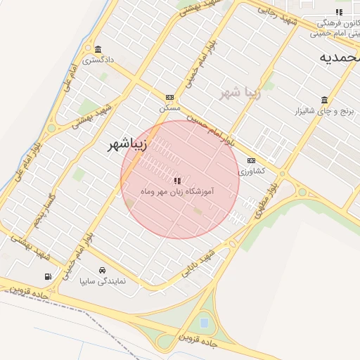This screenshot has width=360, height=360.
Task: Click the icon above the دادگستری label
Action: [97, 49]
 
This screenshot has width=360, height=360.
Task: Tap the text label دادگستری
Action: [97, 60]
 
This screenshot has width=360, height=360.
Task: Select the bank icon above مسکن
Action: [169, 97]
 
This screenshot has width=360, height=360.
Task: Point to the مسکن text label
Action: [170, 108]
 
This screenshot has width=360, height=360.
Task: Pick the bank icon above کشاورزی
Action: [251, 161]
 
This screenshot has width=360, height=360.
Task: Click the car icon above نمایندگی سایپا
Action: [103, 270]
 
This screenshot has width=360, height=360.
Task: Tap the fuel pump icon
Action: [48, 276]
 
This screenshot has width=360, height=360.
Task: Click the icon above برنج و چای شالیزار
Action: [323, 100]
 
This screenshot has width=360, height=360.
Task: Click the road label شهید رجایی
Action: [278, 13]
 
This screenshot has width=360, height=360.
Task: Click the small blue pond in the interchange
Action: [204, 323]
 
